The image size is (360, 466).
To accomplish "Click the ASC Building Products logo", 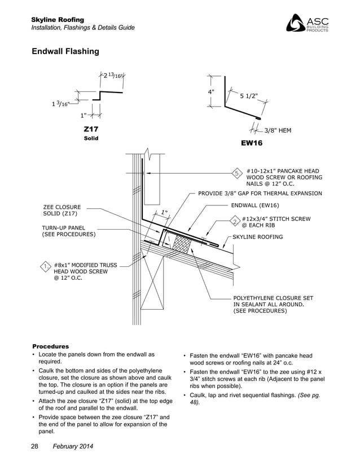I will (307, 23).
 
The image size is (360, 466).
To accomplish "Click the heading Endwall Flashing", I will (65, 52).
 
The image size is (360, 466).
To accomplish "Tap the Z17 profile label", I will (91, 129).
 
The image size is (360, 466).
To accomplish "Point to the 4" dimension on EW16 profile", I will (211, 91).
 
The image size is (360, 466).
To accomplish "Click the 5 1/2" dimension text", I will (249, 96).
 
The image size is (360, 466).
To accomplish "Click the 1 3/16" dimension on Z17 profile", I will (59, 103).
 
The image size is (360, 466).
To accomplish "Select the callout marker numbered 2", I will (234, 221).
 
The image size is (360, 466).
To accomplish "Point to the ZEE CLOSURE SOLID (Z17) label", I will (62, 210).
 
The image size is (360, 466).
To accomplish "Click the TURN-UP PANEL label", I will (68, 231).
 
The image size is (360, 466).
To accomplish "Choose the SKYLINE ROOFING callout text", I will (258, 237).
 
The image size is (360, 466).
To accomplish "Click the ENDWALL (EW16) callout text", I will (255, 205).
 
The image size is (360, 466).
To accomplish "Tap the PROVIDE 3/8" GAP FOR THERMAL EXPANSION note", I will (260, 194).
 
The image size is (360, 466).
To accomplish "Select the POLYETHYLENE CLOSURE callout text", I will (273, 304).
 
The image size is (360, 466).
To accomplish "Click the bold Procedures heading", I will (51, 346).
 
